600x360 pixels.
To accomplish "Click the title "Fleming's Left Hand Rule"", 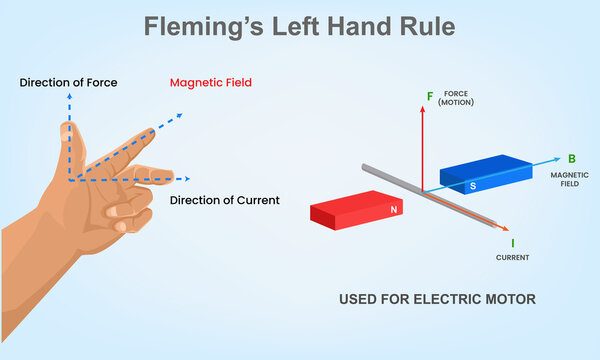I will [x=299, y=26].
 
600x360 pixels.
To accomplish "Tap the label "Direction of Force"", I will [x=68, y=82].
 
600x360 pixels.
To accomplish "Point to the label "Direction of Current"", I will [x=224, y=200].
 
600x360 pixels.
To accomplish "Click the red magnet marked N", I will [x=356, y=210].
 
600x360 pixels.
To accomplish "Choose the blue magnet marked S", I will [x=485, y=174].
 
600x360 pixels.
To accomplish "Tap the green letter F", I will [x=430, y=97].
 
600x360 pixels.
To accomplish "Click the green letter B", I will [x=572, y=159].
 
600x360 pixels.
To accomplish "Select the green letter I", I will [x=512, y=242].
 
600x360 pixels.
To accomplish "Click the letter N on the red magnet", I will [x=394, y=210].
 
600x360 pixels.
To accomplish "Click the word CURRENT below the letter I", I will [x=512, y=257].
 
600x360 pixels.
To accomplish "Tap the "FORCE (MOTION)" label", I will [x=457, y=98].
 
